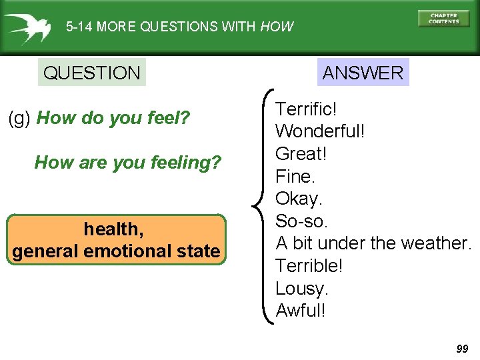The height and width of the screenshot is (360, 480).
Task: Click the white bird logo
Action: click(x=27, y=27)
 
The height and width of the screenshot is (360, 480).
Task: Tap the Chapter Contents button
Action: click(x=443, y=19)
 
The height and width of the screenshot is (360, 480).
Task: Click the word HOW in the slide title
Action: click(x=277, y=27)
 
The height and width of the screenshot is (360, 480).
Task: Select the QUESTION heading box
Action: click(x=91, y=73)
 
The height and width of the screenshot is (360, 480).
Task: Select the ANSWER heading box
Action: click(x=363, y=73)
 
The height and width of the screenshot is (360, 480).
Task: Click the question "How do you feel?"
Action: click(x=113, y=119)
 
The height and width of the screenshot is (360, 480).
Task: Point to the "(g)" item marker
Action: click(x=19, y=119)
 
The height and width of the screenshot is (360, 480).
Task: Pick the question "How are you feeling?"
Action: click(x=127, y=162)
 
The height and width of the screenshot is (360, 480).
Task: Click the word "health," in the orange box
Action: click(x=113, y=229)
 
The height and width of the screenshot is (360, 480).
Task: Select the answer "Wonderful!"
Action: click(x=320, y=131)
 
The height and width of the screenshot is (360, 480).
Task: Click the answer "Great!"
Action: click(x=300, y=153)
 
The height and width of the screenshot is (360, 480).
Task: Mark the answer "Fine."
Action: click(x=295, y=176)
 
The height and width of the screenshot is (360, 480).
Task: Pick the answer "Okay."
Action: click(x=299, y=199)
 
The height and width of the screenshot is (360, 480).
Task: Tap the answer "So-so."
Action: click(x=301, y=221)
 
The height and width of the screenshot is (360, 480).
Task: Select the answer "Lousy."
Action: click(x=302, y=288)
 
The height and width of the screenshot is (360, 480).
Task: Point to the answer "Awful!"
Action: click(x=301, y=311)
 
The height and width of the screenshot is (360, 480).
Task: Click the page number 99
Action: click(x=462, y=349)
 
